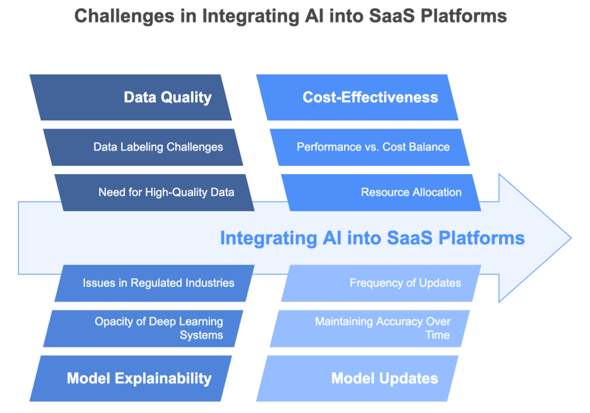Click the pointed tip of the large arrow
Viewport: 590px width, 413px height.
(570, 238)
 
